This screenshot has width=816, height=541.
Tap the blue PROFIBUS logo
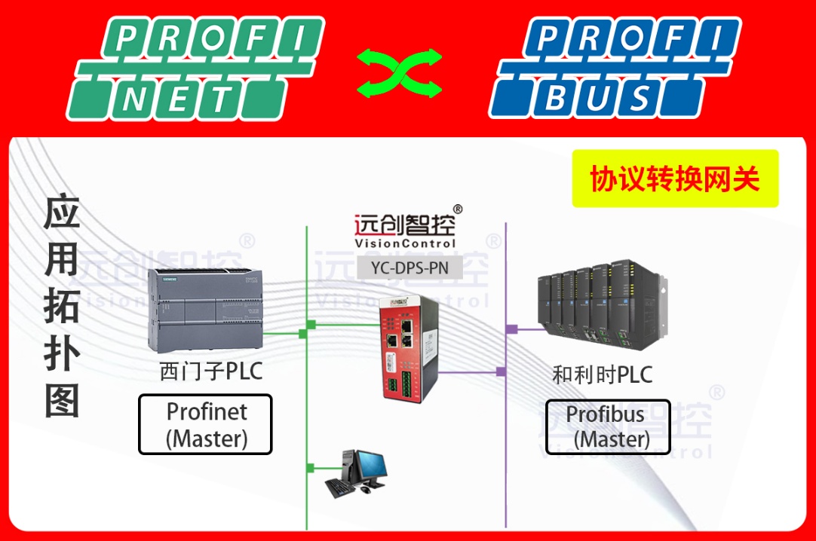pos(614,69)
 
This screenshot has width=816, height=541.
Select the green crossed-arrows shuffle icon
pos(399,73)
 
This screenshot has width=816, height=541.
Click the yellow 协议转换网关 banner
pos(674,179)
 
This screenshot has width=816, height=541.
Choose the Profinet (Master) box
pos(205,425)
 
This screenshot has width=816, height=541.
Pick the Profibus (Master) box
pos(608,426)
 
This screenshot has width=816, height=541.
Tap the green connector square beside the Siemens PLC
pos(303,332)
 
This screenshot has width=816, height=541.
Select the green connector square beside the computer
pos(308,467)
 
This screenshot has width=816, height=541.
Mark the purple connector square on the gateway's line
pos(501,371)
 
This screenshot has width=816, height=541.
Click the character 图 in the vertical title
pos(63,400)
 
